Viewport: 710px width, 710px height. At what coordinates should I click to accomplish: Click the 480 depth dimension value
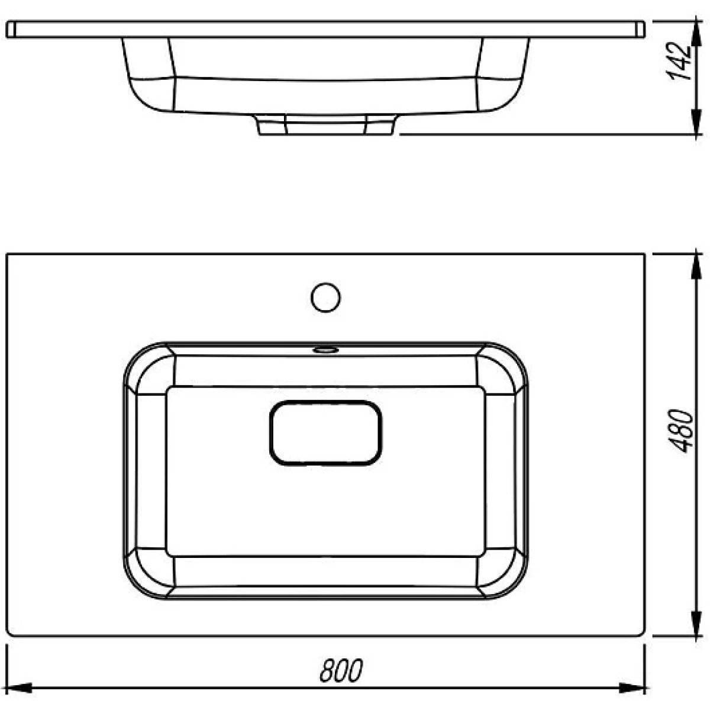point(681,431)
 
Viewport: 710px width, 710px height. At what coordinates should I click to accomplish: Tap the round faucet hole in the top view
point(325,298)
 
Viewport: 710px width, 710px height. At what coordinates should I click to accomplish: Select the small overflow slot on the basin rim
point(325,349)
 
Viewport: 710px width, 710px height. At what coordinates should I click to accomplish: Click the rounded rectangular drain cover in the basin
point(325,433)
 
